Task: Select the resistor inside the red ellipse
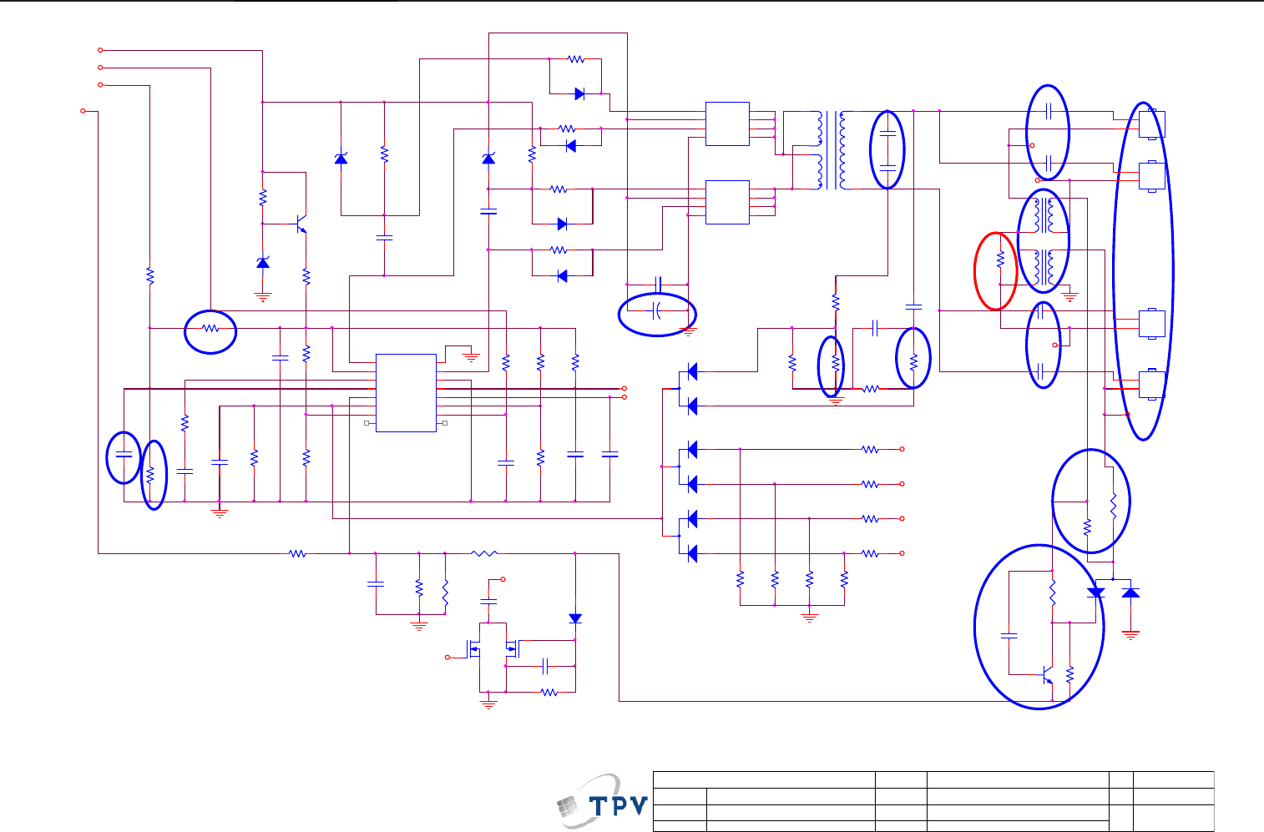[x=1000, y=261]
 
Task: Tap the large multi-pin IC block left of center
[x=406, y=393]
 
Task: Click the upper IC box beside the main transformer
[x=727, y=124]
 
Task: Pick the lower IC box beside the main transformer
[x=727, y=202]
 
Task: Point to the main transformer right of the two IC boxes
[x=830, y=150]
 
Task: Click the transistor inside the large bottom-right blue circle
[x=1047, y=674]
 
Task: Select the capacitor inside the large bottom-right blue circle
[x=1009, y=637]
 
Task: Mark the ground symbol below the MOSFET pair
[x=489, y=703]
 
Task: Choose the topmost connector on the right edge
[x=1151, y=124]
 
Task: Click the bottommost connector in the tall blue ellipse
[x=1151, y=384]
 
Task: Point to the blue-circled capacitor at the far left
[x=124, y=456]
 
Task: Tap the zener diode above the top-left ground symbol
[x=263, y=263]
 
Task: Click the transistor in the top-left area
[x=301, y=224]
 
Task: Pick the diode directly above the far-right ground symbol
[x=1130, y=592]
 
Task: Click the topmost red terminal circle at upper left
[x=100, y=50]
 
